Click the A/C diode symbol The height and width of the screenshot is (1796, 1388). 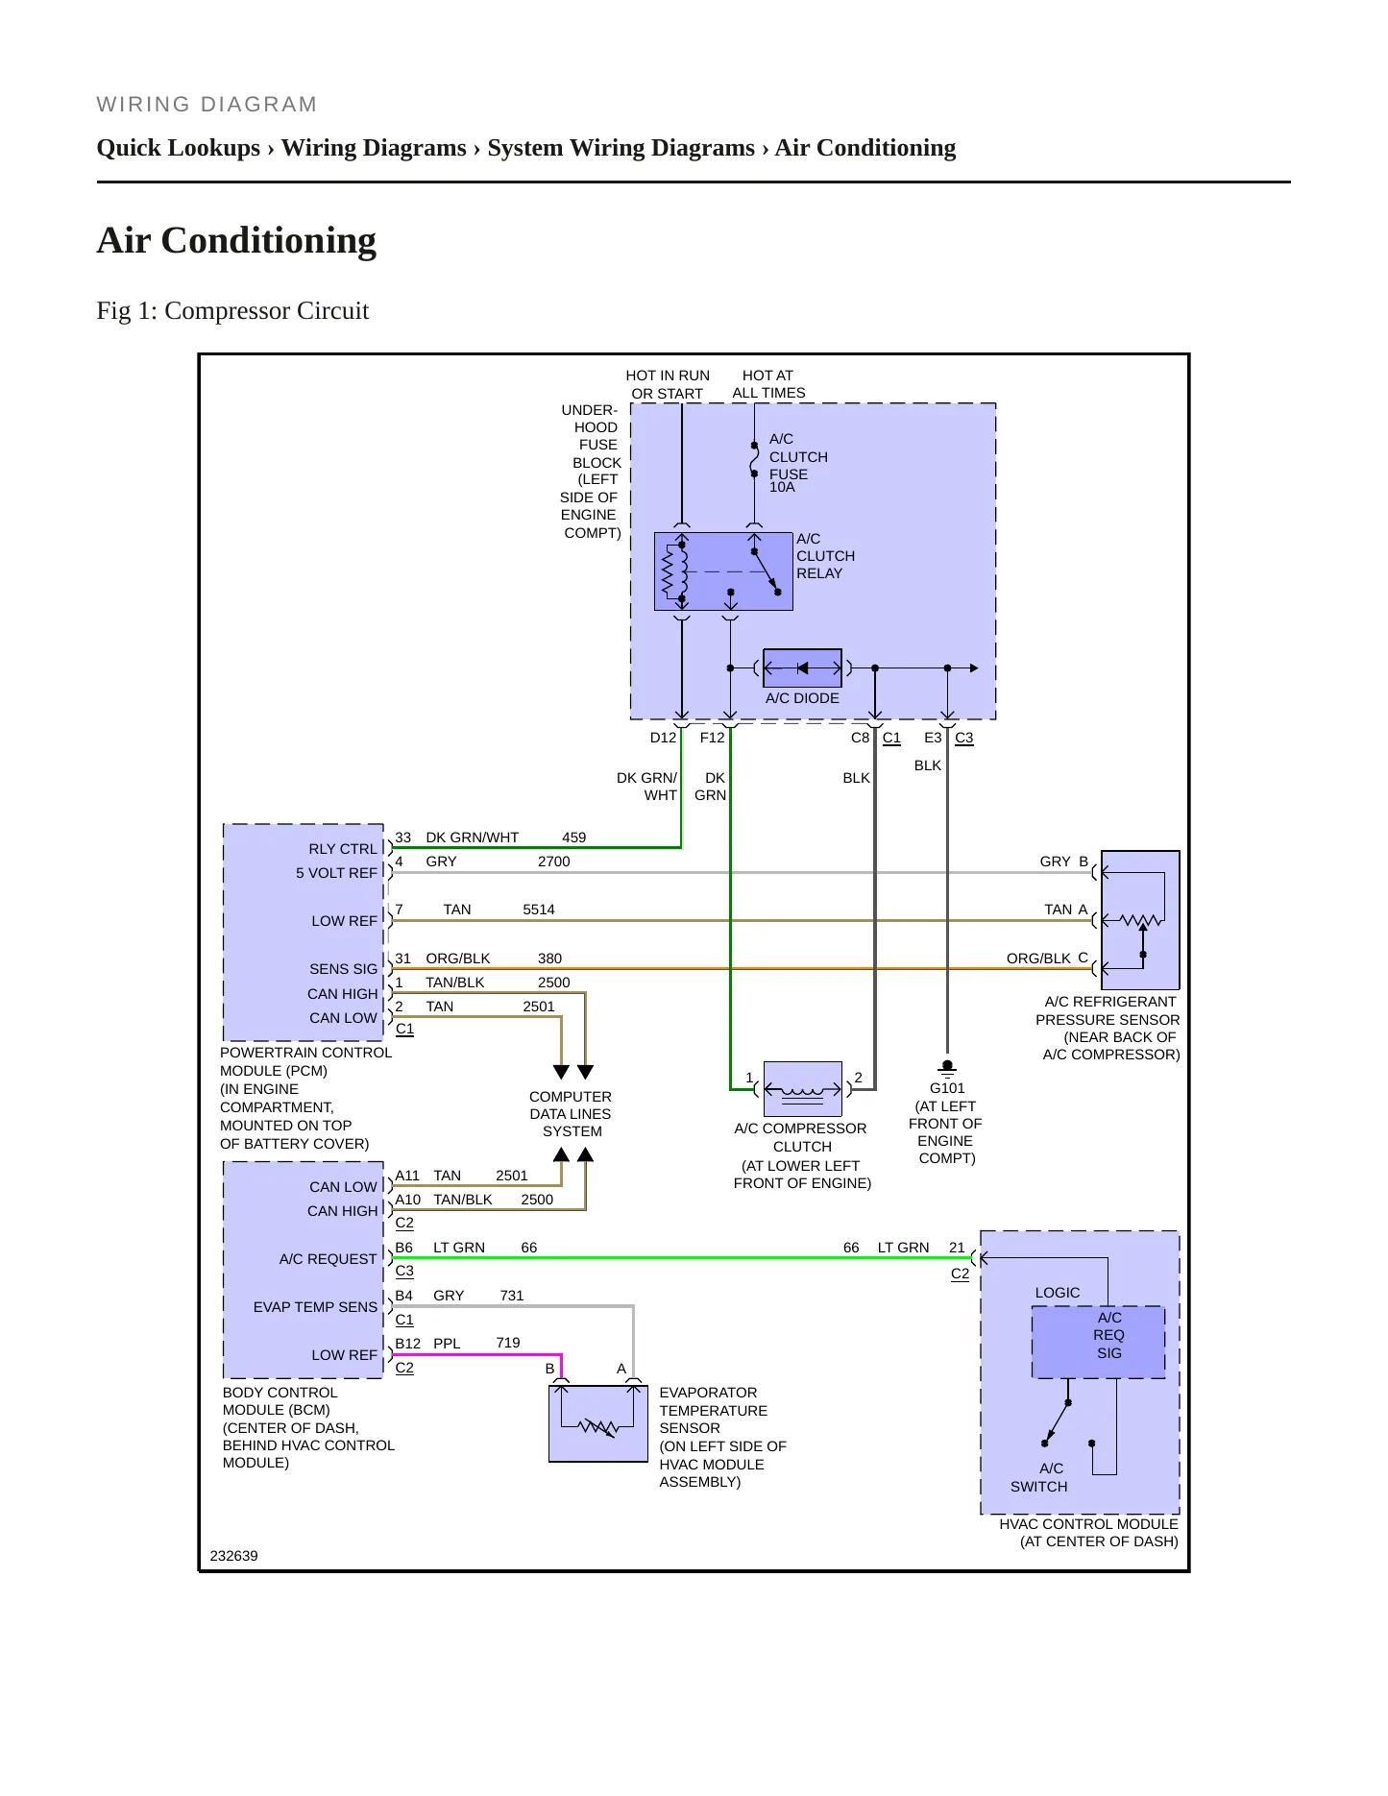[x=802, y=668]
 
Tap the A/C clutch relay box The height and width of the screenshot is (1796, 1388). [x=723, y=571]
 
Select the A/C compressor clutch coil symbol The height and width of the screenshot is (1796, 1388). [x=802, y=1089]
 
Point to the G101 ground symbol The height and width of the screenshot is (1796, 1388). [x=947, y=1069]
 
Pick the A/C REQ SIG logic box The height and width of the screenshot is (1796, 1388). [x=1099, y=1342]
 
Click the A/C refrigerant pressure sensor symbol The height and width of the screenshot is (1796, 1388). [x=1140, y=920]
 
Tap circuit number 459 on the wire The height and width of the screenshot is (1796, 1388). [x=573, y=837]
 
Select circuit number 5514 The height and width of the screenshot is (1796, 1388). [x=539, y=910]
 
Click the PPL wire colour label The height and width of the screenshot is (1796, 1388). [x=447, y=1344]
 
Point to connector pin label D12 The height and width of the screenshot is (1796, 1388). [x=663, y=738]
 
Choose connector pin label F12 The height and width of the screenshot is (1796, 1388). [x=712, y=738]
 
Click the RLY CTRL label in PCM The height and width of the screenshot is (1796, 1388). [x=343, y=849]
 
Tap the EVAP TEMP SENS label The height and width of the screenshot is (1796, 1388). [x=315, y=1307]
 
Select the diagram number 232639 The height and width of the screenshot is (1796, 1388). [x=233, y=1556]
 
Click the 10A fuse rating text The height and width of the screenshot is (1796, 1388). [x=782, y=487]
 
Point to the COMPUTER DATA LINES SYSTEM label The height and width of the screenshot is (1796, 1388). [x=571, y=1114]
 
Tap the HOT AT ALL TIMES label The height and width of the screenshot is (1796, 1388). [x=768, y=384]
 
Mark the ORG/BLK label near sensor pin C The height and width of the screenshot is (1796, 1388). [x=1038, y=959]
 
